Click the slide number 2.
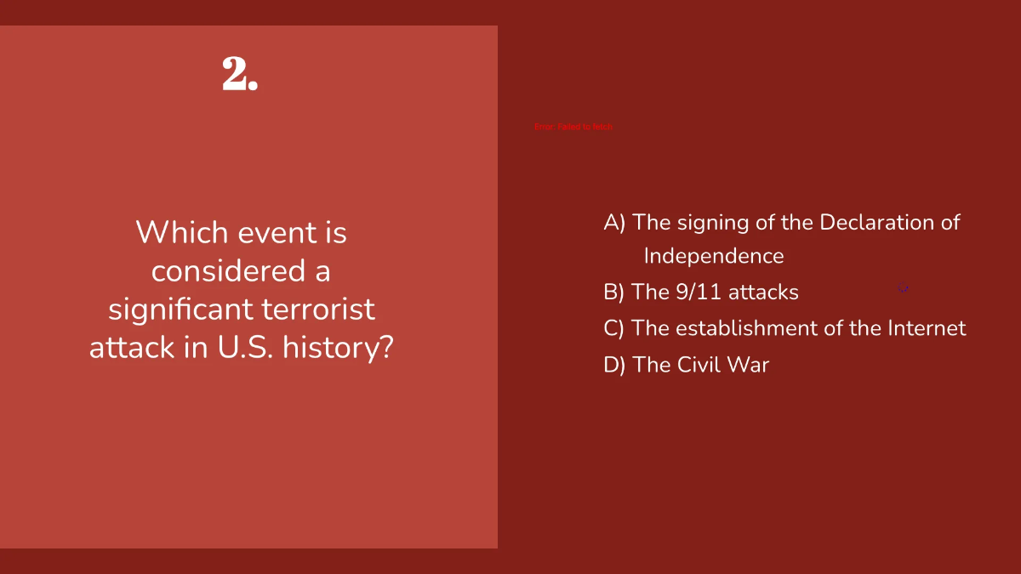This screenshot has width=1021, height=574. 240,75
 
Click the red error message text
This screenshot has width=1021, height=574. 573,127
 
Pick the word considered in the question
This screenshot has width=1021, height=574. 219,270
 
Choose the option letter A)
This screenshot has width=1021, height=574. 614,223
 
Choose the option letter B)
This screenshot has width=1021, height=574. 614,293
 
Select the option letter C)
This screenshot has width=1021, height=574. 614,328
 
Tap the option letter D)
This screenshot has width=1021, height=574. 614,365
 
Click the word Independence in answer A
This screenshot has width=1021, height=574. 714,256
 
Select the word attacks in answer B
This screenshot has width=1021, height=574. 763,293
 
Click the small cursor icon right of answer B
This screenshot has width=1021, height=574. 904,289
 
